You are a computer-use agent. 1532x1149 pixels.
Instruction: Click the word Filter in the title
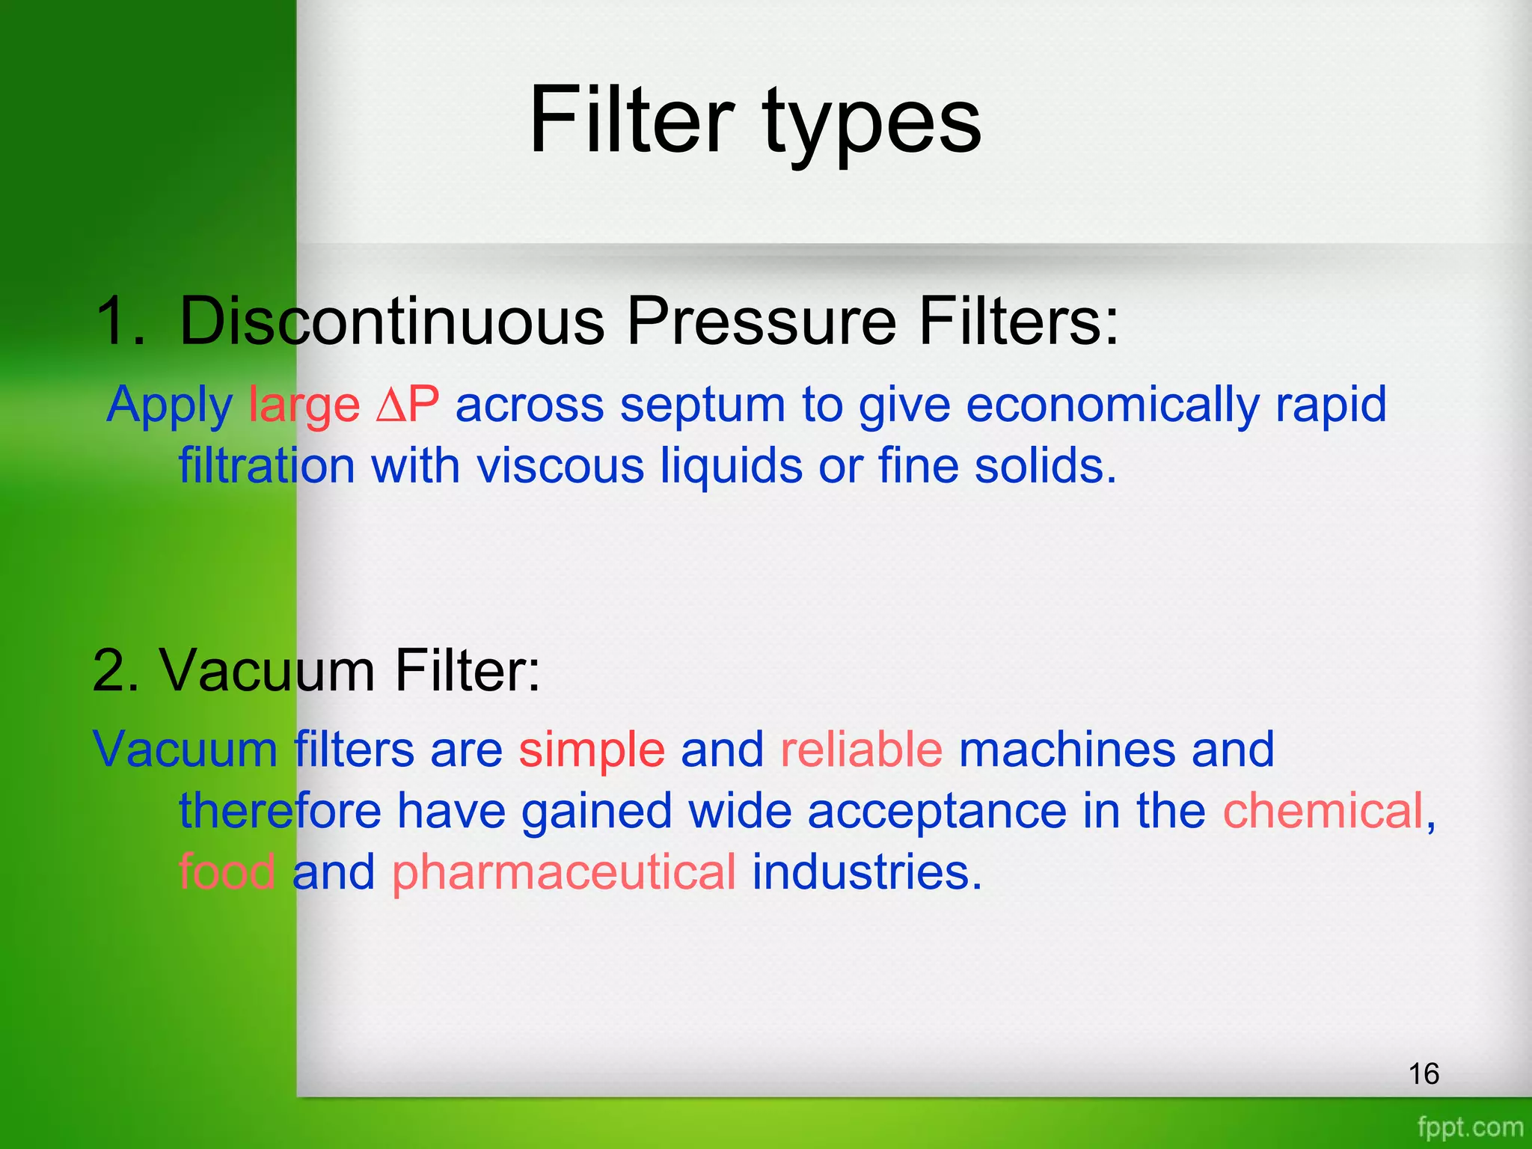point(632,120)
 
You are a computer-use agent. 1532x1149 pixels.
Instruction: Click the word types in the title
point(871,123)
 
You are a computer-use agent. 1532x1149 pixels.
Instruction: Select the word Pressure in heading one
point(761,321)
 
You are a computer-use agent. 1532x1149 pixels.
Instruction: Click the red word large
point(304,405)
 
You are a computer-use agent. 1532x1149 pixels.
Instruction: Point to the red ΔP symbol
point(408,405)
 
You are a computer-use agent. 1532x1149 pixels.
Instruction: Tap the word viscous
point(560,466)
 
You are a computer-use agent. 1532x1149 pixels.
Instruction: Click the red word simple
point(592,750)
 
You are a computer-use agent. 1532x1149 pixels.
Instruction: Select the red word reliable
point(861,750)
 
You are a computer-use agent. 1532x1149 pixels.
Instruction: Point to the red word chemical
point(1323,811)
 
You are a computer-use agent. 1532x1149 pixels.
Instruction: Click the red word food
point(227,872)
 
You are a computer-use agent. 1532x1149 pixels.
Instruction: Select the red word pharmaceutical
point(564,874)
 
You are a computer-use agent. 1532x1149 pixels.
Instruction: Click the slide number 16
point(1424,1073)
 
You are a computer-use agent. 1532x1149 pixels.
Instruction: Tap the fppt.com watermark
point(1470,1127)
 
